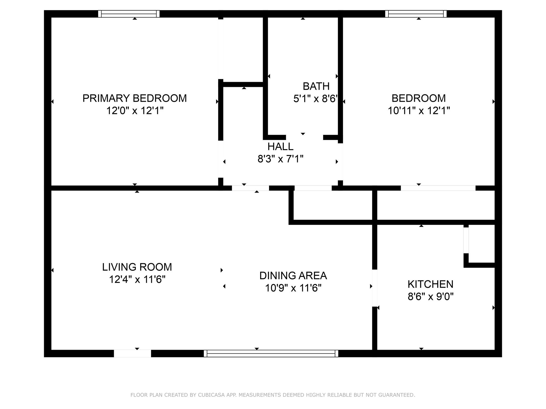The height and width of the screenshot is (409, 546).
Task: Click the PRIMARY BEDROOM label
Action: (x=135, y=98)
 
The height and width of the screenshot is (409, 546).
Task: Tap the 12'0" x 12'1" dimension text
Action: (x=135, y=110)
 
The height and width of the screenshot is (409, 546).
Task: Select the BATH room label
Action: (x=316, y=86)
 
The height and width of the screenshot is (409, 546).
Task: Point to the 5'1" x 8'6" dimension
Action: (x=316, y=99)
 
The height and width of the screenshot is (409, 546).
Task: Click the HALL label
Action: (x=280, y=147)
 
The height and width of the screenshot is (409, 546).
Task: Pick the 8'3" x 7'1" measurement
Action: (x=280, y=159)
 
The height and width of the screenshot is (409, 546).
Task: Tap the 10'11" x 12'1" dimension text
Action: (x=419, y=110)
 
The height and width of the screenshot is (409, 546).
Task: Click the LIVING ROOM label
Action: (x=137, y=267)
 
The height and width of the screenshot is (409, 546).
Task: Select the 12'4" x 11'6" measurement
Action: (x=137, y=279)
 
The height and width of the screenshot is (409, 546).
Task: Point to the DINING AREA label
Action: (x=293, y=276)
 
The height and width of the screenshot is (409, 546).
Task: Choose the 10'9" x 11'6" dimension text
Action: (x=293, y=288)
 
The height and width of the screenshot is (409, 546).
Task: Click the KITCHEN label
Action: (x=431, y=284)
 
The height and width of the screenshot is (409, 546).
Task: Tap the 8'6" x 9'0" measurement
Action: (x=431, y=297)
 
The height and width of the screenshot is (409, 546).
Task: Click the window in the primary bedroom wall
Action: (x=129, y=14)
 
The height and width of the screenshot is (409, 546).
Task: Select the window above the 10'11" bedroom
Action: (x=416, y=14)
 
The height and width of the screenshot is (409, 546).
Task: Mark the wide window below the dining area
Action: (x=271, y=353)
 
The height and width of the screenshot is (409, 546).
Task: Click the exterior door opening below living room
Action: (x=133, y=353)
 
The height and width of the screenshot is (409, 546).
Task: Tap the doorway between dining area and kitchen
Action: (x=375, y=288)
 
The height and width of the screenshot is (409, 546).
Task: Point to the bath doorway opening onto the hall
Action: (x=305, y=137)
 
